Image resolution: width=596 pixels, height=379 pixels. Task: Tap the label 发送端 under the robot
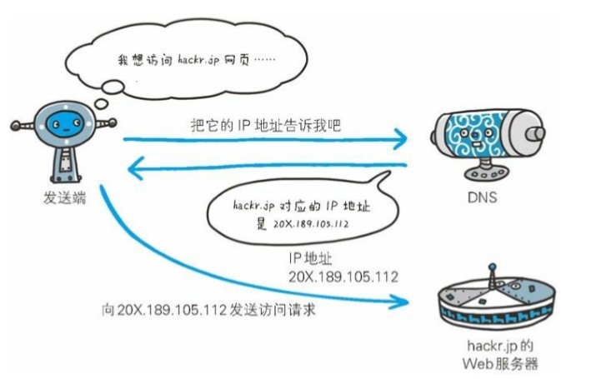click(x=63, y=201)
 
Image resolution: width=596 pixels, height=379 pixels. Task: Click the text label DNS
click(x=483, y=199)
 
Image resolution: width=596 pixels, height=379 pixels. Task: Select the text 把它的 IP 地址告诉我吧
click(x=264, y=126)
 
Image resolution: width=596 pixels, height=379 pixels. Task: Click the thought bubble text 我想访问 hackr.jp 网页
click(x=198, y=61)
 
